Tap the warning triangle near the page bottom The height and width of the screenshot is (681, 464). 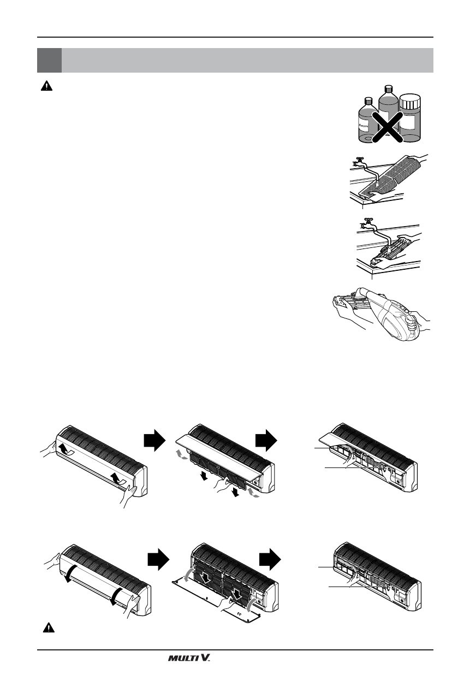point(49,627)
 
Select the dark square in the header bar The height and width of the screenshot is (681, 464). point(49,60)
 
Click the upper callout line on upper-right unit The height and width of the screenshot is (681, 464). point(328,447)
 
